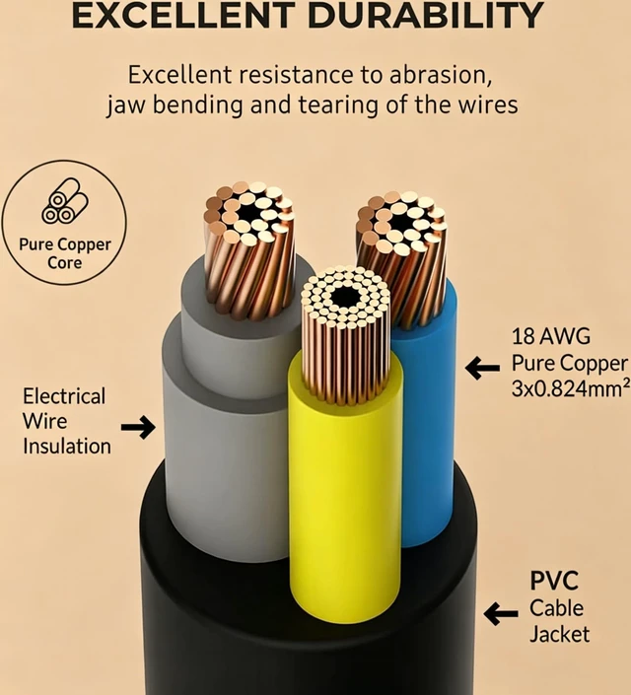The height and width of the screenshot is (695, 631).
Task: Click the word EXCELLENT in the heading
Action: click(x=183, y=16)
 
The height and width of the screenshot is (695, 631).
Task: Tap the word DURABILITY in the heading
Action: click(x=426, y=16)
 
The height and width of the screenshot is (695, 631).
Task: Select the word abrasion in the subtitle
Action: click(x=441, y=75)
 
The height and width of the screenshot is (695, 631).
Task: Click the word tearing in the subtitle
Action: click(x=338, y=105)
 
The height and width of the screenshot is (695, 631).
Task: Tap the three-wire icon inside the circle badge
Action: click(x=65, y=201)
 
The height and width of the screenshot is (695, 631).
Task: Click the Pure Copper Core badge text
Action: click(x=65, y=253)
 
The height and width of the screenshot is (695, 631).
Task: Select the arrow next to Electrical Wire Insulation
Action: click(x=138, y=427)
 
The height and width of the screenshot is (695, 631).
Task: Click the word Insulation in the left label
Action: click(x=67, y=447)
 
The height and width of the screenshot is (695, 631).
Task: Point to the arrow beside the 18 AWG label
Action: click(x=482, y=368)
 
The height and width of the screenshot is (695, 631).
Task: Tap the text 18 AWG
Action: click(x=551, y=336)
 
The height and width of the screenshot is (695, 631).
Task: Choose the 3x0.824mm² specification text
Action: click(x=571, y=388)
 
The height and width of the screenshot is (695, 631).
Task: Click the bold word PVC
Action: click(x=554, y=581)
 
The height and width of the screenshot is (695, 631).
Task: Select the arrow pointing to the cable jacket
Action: click(x=501, y=613)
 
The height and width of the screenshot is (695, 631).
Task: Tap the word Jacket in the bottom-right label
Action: click(x=560, y=634)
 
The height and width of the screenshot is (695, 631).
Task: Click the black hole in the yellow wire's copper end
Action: click(x=346, y=297)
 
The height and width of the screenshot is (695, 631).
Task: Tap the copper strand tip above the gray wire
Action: click(x=249, y=213)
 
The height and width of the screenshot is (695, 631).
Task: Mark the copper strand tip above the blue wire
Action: click(x=401, y=224)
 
